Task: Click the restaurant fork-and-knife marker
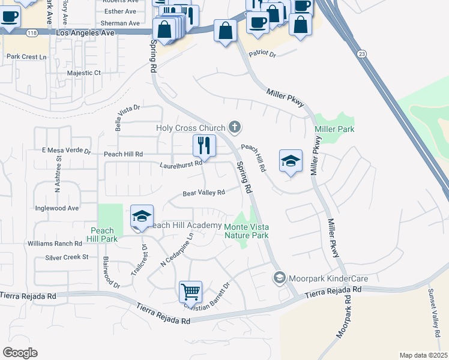(204, 145)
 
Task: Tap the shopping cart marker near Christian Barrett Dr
(190, 292)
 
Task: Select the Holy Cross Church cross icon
(235, 127)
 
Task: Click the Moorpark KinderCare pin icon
(279, 278)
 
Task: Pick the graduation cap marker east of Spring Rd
(291, 161)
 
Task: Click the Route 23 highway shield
(361, 54)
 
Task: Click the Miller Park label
(334, 129)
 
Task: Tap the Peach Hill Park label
(103, 235)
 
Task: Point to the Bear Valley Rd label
(203, 193)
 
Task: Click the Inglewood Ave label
(57, 208)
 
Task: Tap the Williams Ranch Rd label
(54, 244)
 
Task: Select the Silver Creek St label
(67, 257)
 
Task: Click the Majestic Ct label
(85, 73)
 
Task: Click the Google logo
(20, 353)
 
